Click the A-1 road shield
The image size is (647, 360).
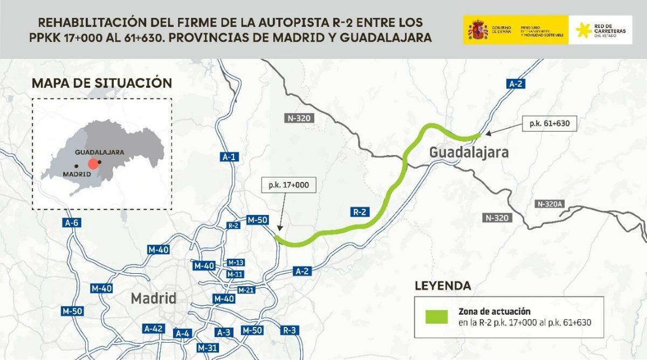(229, 157)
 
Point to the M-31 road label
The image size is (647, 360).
(208, 347)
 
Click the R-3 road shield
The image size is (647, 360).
(290, 330)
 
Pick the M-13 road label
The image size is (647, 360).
(236, 262)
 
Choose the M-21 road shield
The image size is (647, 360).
(246, 290)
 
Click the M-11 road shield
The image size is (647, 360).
(235, 274)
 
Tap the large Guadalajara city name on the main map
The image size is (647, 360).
(469, 153)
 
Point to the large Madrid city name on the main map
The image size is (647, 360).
(154, 298)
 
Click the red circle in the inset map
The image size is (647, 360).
(94, 164)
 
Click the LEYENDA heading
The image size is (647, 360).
(442, 286)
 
